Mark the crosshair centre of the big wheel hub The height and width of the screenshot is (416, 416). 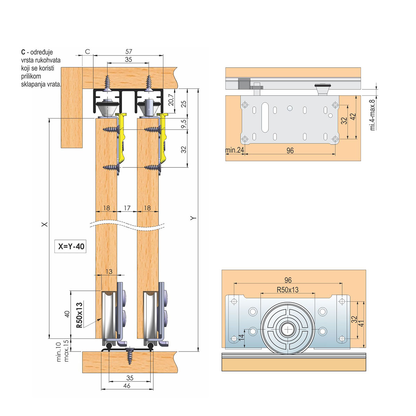pos(288,329)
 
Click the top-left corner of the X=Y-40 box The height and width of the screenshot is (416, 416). pos(54,240)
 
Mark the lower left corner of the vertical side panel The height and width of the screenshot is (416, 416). pos(61,148)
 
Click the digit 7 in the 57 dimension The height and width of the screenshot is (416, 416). pos(130,52)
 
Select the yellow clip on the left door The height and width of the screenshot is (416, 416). pos(122,138)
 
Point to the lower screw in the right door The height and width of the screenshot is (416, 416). pos(153,167)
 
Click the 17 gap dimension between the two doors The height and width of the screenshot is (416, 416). pos(127,208)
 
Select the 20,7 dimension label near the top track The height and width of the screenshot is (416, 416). pos(171,100)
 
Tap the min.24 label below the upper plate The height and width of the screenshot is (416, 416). pos(234,150)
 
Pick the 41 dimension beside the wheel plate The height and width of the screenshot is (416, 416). pos(361,323)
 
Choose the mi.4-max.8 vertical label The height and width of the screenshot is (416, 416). pos(373,115)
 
